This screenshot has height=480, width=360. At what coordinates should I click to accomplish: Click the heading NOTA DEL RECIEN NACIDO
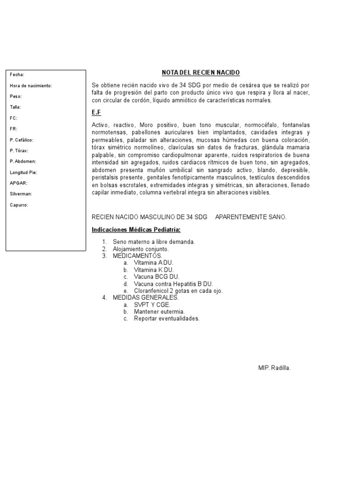click(x=201, y=73)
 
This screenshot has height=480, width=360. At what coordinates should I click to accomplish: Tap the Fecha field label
click(x=17, y=75)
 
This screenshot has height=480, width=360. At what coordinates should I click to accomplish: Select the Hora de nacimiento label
click(x=31, y=86)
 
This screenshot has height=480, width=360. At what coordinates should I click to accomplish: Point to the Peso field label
click(x=16, y=97)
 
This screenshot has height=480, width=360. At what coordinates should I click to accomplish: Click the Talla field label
click(x=15, y=107)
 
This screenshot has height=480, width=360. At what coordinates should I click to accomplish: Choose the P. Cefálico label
click(x=22, y=140)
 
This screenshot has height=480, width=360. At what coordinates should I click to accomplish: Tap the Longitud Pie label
click(x=23, y=172)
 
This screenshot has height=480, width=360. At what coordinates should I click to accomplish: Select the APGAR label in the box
click(x=18, y=183)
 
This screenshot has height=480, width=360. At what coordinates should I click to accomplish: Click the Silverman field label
click(x=21, y=194)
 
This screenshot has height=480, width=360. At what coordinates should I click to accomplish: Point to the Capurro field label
click(x=19, y=205)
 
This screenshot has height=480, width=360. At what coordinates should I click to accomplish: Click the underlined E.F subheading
click(x=97, y=113)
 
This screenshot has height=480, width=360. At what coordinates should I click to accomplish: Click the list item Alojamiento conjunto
click(x=141, y=249)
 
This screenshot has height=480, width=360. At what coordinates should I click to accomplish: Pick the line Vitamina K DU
click(x=154, y=270)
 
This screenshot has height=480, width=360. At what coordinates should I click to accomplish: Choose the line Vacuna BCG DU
click(x=156, y=277)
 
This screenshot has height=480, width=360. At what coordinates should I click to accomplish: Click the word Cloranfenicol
click(x=152, y=291)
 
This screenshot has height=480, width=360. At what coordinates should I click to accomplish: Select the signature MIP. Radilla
click(x=274, y=368)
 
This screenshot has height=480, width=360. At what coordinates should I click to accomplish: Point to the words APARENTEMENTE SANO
click(x=250, y=217)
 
